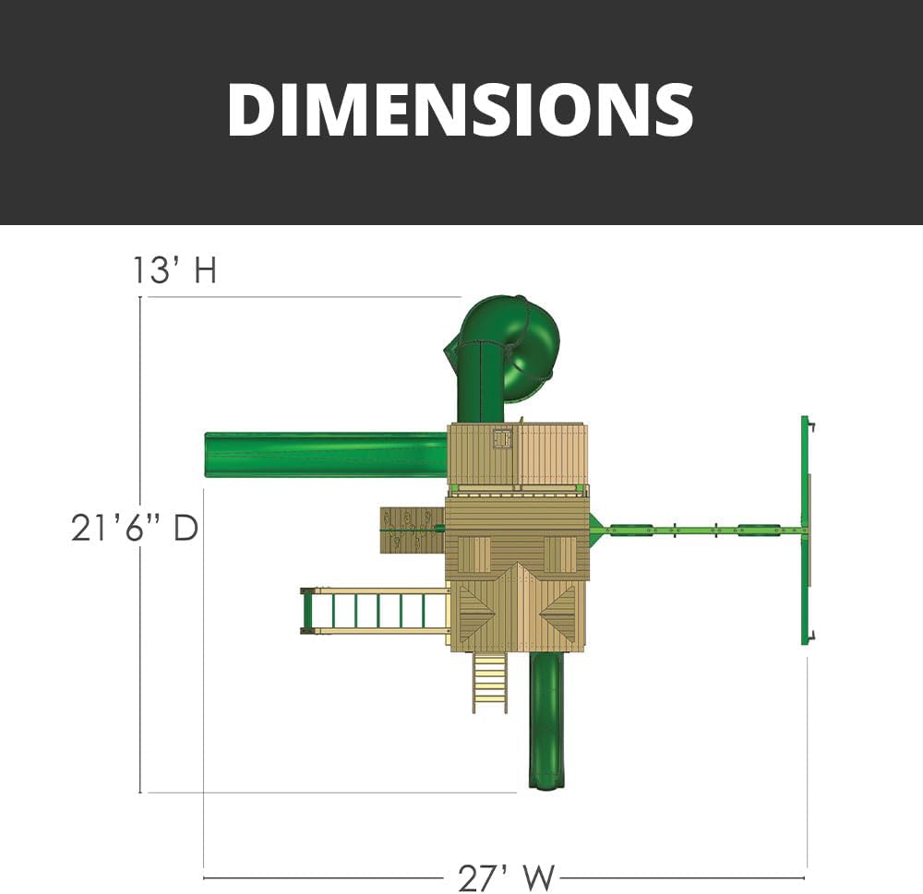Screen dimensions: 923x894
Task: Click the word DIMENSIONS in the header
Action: click(x=461, y=110)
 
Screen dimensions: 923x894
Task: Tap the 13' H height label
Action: click(x=174, y=270)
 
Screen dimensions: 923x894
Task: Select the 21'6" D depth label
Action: click(x=135, y=528)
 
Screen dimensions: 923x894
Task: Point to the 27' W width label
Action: click(x=506, y=877)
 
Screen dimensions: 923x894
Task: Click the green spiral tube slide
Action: click(x=500, y=358)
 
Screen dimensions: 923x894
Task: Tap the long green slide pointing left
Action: click(x=326, y=456)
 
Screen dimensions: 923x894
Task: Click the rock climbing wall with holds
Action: click(x=412, y=530)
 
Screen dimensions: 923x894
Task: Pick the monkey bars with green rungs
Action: click(x=375, y=612)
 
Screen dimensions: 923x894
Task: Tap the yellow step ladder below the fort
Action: click(x=489, y=683)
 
